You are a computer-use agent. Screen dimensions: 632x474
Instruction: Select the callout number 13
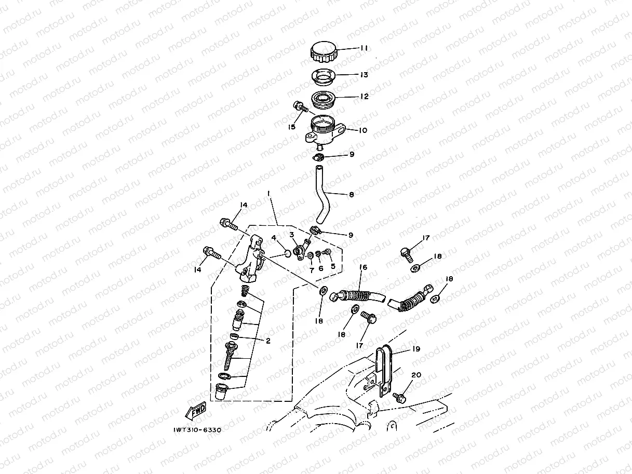(364, 75)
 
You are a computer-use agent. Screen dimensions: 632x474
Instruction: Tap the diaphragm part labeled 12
(324, 100)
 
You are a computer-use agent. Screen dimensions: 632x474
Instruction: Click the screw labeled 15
(300, 107)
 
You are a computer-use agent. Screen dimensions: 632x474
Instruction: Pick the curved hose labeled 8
(323, 195)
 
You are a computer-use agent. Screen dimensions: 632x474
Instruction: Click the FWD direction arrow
(196, 411)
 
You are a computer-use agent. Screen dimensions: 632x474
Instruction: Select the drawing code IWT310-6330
(197, 430)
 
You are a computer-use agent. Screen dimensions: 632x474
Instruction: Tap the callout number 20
(416, 375)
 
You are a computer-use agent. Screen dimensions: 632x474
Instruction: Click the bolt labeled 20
(400, 398)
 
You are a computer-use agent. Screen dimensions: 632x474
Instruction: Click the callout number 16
(364, 267)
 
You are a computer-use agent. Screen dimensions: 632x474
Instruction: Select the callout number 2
(268, 341)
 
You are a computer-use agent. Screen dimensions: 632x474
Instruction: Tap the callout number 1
(268, 194)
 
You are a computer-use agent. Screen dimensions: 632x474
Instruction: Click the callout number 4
(274, 238)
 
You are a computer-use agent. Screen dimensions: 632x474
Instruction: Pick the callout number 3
(292, 235)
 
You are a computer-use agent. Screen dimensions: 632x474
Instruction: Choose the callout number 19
(416, 349)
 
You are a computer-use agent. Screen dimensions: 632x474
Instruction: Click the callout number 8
(351, 195)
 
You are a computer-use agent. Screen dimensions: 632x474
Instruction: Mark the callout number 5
(333, 266)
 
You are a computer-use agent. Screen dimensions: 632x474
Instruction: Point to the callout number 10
(363, 130)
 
